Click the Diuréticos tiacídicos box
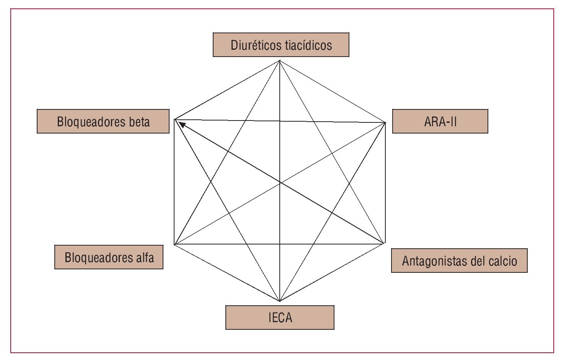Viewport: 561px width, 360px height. pos(281,45)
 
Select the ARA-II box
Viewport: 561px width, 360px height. pos(440,121)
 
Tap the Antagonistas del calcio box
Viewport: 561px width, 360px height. pos(459,261)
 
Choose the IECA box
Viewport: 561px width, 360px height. pos(280,317)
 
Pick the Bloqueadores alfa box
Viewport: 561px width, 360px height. pos(109,257)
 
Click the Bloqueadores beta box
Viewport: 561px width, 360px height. pos(103,121)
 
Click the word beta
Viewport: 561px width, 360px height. pos(140,122)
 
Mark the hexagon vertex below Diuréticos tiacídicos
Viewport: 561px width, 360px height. pos(280,60)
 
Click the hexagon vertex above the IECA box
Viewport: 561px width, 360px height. pos(280,301)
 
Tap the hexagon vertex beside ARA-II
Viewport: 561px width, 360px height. pos(385,122)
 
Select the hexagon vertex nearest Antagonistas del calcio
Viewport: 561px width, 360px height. pos(384,243)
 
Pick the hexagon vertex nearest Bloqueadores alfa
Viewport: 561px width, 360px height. pos(174,244)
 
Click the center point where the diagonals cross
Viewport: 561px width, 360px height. pos(280,182)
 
